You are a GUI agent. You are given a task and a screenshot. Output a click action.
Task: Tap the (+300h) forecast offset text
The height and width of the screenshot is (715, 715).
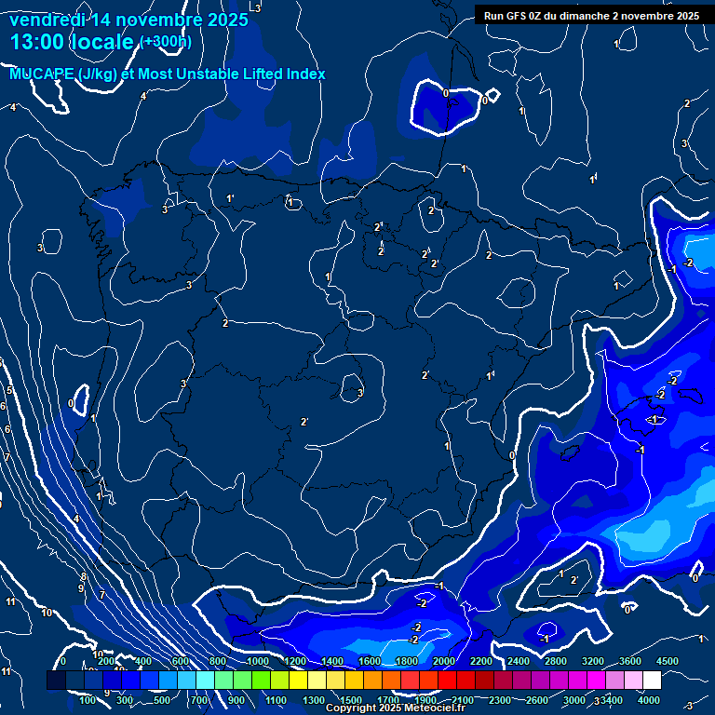[x=166, y=42]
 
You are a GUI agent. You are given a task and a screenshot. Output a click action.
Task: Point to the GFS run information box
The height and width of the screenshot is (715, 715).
[x=591, y=16]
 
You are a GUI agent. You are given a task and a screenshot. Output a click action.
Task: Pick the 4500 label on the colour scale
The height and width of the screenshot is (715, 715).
[x=668, y=661]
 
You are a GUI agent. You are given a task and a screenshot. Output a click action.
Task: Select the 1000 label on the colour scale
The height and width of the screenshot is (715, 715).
[x=257, y=661]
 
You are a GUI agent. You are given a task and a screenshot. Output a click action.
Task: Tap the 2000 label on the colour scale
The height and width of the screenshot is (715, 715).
[x=443, y=661]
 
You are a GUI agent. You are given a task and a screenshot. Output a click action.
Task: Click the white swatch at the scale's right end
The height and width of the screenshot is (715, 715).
[x=652, y=681]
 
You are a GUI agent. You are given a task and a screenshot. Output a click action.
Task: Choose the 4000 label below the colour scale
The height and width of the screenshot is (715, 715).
[x=649, y=700]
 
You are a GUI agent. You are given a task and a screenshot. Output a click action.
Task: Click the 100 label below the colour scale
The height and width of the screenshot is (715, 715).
[x=88, y=700]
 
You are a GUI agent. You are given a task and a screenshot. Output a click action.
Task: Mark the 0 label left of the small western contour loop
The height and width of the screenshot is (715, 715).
[x=71, y=403]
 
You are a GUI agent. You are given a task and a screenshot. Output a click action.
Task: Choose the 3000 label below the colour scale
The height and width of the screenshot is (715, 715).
[x=573, y=700]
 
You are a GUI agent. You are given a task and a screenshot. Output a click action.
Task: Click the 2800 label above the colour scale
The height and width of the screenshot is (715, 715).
[x=555, y=661]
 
